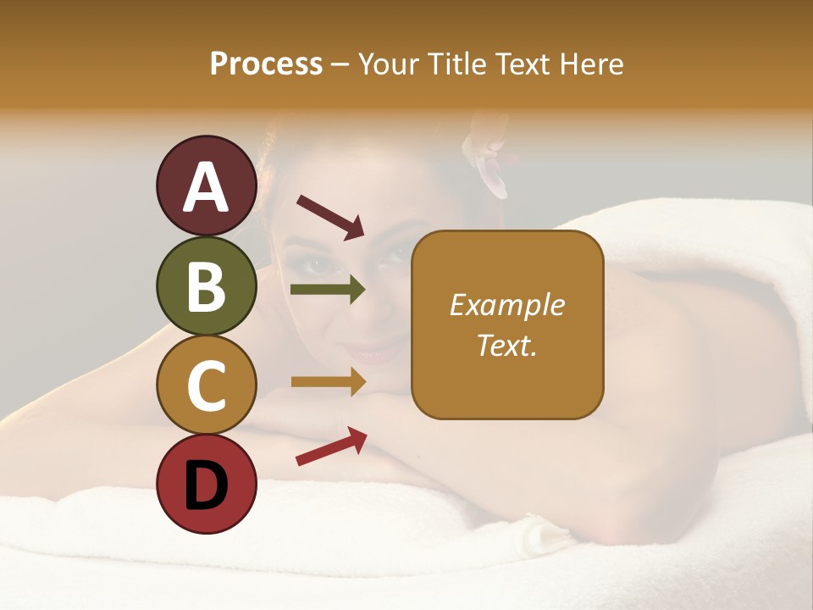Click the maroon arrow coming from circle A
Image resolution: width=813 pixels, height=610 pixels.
point(330,216)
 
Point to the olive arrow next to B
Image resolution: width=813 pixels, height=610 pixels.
point(328,290)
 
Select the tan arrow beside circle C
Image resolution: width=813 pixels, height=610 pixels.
point(328,381)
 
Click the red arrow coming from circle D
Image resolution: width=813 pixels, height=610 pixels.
point(331,446)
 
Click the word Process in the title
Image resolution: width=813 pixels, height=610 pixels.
point(266,64)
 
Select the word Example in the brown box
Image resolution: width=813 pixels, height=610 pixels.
point(507,305)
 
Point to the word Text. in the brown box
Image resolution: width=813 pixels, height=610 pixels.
point(507,345)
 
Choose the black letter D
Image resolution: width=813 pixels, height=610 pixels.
point(207,485)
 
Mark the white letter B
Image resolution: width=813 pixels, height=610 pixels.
point(207,286)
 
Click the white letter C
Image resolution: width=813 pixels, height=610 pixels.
point(207,386)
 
